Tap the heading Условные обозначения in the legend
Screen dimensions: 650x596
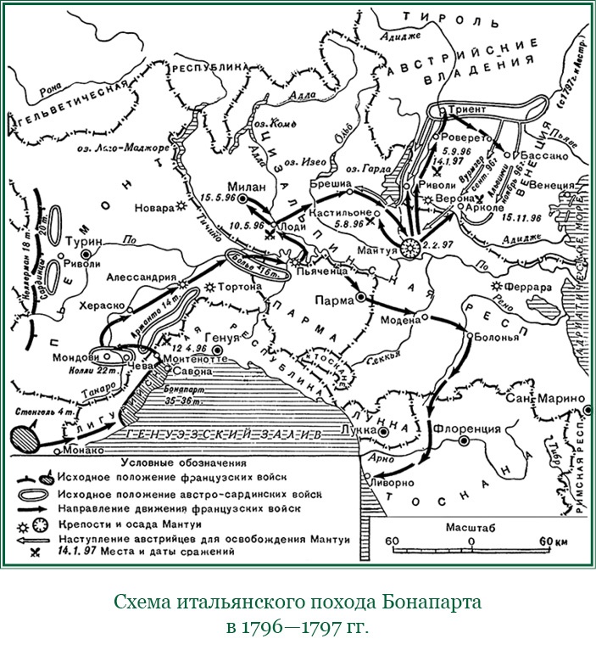tap(183, 463)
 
